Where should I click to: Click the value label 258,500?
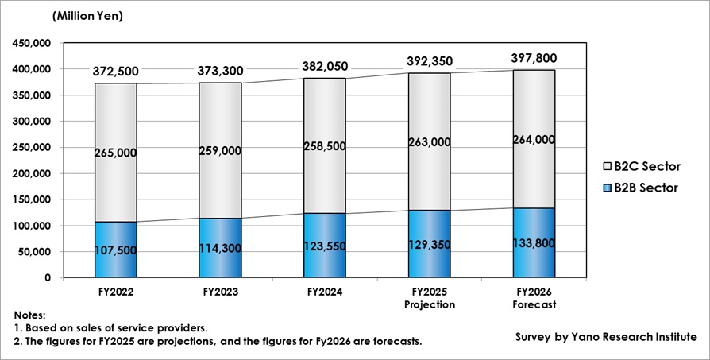point(324,146)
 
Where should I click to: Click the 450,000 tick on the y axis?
point(30,44)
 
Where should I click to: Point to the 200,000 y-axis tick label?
point(30,173)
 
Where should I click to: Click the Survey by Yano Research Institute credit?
point(606,336)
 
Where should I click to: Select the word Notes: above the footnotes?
point(30,315)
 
